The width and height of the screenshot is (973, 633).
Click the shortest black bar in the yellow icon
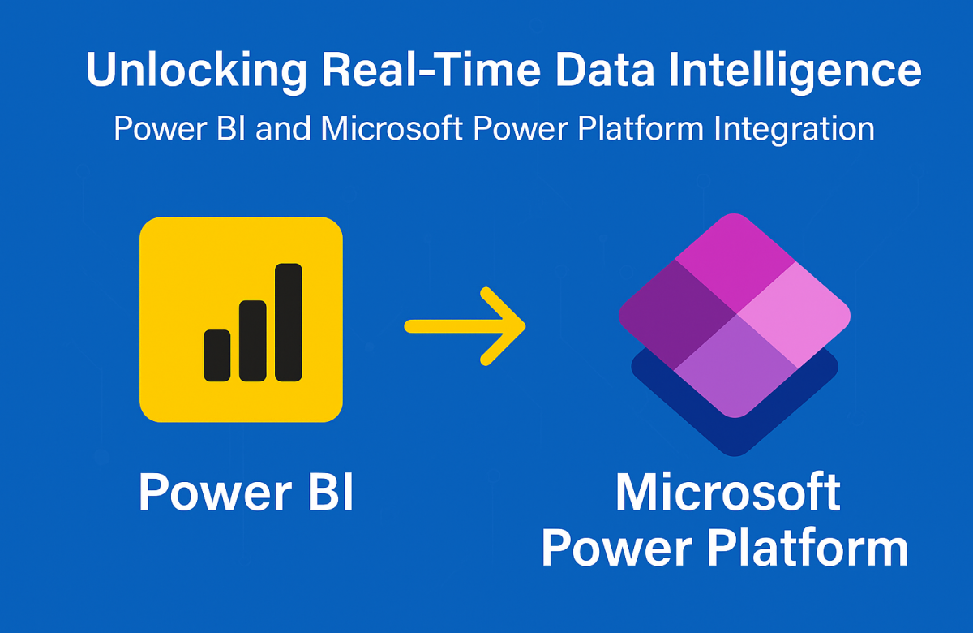[216, 355]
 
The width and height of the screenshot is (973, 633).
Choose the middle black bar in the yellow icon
[252, 341]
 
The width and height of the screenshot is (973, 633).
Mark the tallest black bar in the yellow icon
[289, 322]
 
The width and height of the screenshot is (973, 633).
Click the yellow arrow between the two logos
[466, 325]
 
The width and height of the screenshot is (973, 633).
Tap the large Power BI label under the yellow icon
[246, 492]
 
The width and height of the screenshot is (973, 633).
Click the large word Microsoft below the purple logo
[727, 492]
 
